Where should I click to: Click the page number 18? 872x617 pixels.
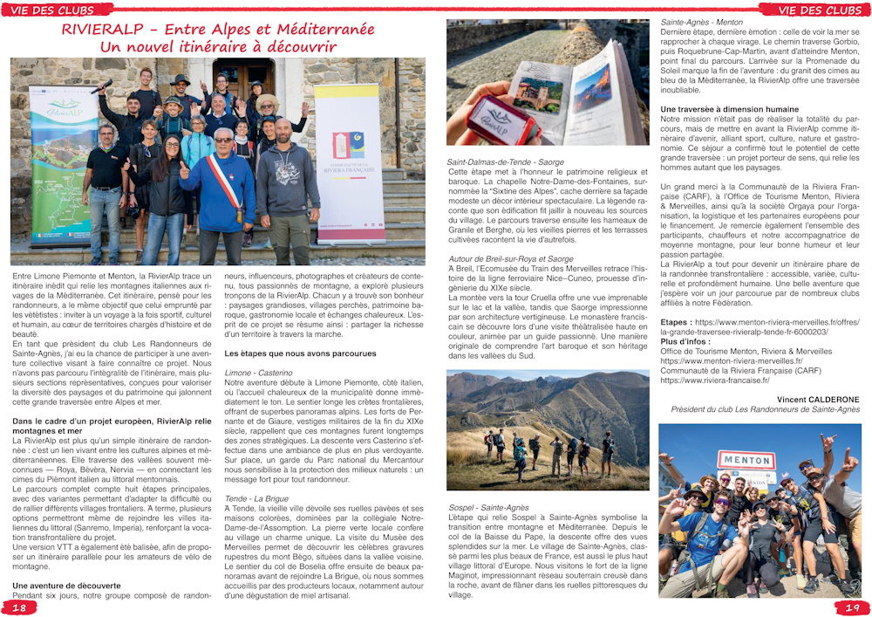coord(18,607)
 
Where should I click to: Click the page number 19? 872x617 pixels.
coord(853,607)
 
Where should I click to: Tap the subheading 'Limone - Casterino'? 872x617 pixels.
coord(259,373)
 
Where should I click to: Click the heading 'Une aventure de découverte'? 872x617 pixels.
coord(66,586)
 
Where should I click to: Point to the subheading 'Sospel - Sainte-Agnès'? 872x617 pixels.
coord(488,507)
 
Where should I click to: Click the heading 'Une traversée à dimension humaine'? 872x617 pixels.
coord(730,108)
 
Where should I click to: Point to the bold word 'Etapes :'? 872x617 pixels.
coord(676,322)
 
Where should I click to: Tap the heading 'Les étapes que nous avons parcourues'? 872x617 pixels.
coord(300,353)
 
